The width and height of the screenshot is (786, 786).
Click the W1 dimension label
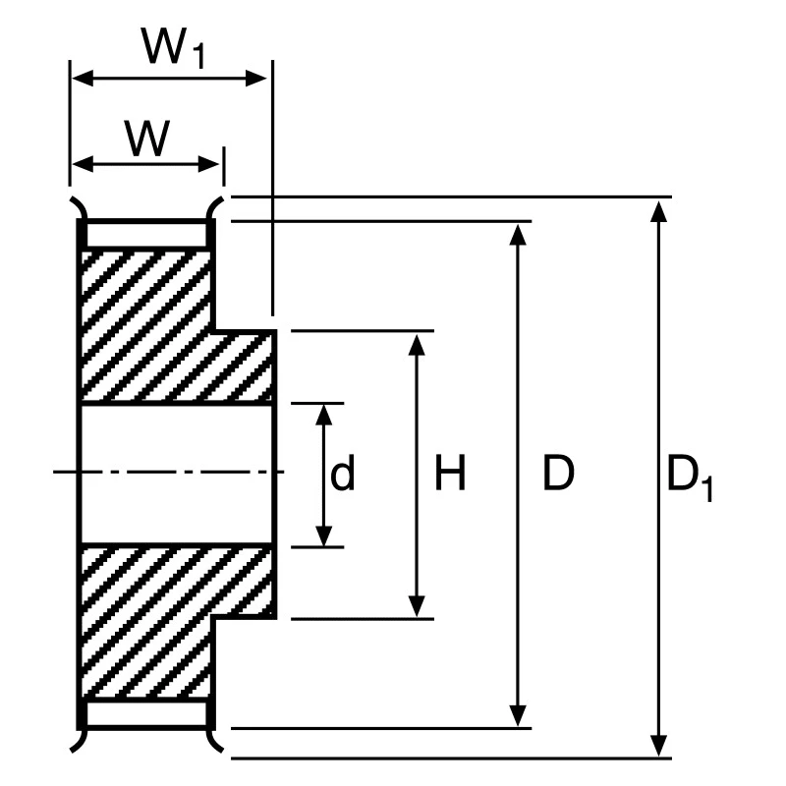coord(173,47)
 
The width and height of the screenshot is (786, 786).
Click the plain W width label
coord(146,138)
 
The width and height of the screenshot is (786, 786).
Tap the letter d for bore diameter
coord(342,473)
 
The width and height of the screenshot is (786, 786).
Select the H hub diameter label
coord(450,473)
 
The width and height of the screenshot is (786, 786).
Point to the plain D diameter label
coord(558,473)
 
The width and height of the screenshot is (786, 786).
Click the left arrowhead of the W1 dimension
coord(83,79)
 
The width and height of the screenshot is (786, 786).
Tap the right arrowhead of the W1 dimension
coord(255,79)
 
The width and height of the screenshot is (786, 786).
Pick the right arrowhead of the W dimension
coord(209,164)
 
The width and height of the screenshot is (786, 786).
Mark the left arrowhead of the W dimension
coord(83,164)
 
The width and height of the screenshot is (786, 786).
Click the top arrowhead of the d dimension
coord(324,415)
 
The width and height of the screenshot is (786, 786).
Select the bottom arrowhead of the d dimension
coord(324,535)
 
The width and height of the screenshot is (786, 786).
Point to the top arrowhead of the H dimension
coord(417,345)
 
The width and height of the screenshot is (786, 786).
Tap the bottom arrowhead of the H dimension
coord(417,606)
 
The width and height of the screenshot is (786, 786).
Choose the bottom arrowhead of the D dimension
coord(518,715)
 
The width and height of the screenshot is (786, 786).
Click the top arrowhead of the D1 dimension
coord(658,210)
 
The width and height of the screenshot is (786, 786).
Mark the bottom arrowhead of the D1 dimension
coord(658,746)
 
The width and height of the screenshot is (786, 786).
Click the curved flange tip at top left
coord(79,206)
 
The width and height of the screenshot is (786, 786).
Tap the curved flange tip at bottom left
coord(79,741)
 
